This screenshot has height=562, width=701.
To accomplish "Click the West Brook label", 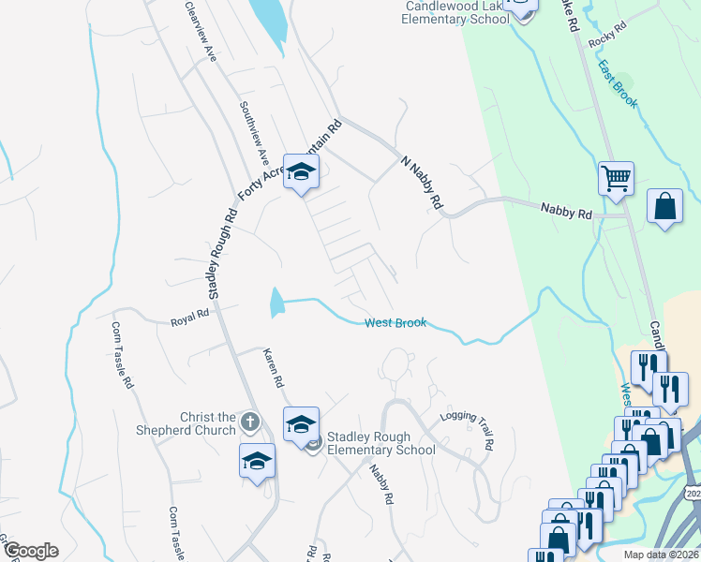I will [x=395, y=323].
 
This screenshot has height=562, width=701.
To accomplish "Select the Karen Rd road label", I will [x=273, y=370].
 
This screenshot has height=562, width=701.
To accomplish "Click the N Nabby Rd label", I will [x=421, y=182].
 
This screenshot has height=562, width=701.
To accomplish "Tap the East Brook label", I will [x=618, y=85].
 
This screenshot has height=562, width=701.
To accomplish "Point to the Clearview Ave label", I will [x=201, y=33].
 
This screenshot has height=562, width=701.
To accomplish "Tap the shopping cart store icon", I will [x=616, y=177].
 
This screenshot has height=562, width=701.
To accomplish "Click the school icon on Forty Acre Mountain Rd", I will [x=302, y=171].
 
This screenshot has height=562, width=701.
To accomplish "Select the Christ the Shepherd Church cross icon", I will [x=249, y=422].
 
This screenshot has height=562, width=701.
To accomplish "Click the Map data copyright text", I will [x=662, y=555].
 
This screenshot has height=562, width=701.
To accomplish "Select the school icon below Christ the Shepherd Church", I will [x=258, y=462].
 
